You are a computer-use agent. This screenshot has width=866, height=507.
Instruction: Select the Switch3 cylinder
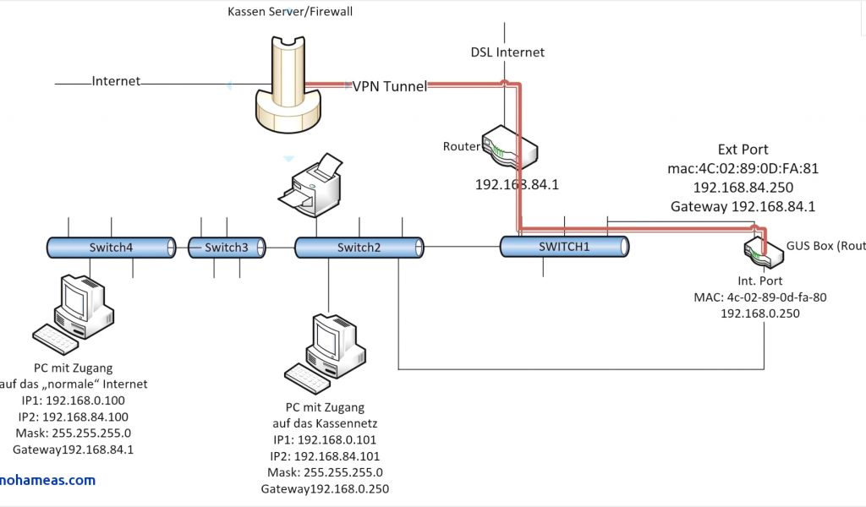point(227,247)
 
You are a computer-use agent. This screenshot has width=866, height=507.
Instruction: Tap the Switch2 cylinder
point(359,247)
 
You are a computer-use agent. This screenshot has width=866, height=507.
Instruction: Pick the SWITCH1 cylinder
point(564,246)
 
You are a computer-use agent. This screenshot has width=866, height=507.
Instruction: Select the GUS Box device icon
point(759,248)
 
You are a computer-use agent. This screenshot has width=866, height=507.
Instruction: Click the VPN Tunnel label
point(390,86)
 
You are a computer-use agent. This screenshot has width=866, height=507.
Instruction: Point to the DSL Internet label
point(507,52)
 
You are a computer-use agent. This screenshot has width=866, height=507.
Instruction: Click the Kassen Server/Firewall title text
point(290,12)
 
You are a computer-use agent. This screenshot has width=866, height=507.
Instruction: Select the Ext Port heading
point(743,150)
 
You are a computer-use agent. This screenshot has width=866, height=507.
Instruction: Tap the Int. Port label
point(759,281)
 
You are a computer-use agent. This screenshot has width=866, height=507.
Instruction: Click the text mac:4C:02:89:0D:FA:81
point(743,168)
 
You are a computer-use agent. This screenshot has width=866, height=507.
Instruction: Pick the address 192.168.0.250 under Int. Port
point(759,313)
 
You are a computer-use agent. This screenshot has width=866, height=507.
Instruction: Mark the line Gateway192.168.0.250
point(325,488)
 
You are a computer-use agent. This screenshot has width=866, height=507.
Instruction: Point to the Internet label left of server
point(116,81)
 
